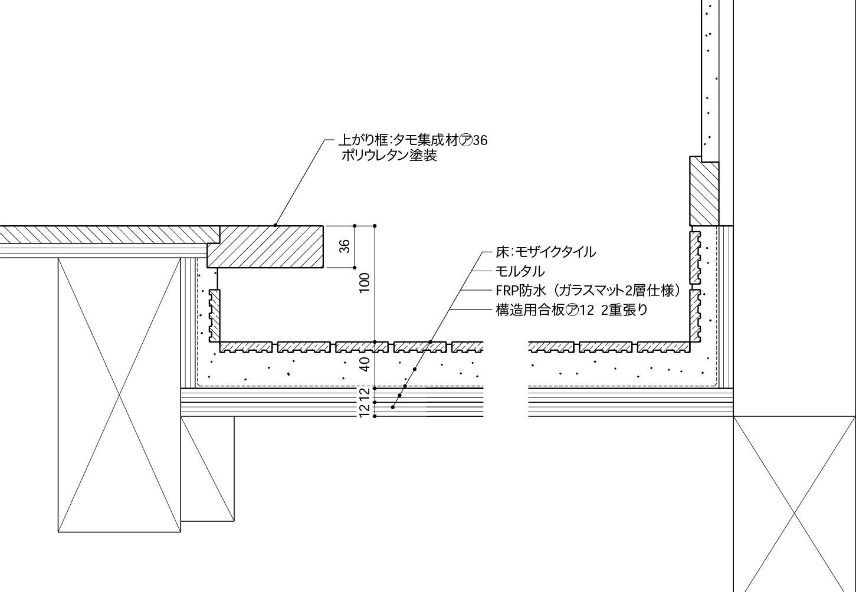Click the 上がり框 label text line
click(x=412, y=140)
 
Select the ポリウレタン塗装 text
click(x=389, y=156)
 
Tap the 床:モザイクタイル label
click(x=546, y=252)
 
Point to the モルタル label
click(x=520, y=271)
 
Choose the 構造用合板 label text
click(x=571, y=310)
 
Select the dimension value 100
click(x=365, y=283)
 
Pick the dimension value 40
click(x=365, y=364)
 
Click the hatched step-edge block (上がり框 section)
click(x=265, y=246)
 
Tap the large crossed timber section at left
click(x=119, y=395)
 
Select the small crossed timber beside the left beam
click(x=207, y=469)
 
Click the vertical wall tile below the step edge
click(x=214, y=315)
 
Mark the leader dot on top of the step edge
click(x=276, y=225)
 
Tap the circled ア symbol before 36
click(x=465, y=140)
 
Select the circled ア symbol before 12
click(x=572, y=310)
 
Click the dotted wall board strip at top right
click(x=710, y=77)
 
